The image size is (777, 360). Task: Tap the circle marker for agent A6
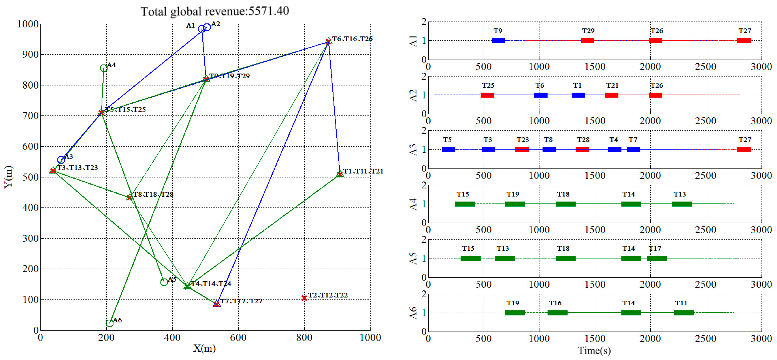[110, 323]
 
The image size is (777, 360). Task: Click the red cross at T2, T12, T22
[304, 298]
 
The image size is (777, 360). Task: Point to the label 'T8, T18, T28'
[153, 195]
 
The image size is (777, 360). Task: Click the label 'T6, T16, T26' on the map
[352, 39]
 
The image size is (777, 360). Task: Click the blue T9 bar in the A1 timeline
[499, 40]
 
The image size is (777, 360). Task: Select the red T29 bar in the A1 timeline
[587, 40]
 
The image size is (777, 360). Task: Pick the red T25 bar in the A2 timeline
[487, 95]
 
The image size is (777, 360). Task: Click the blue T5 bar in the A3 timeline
[448, 149]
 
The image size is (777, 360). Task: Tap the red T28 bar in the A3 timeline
[582, 149]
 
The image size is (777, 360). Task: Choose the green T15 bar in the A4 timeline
[465, 204]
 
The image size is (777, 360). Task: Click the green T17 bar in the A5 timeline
[657, 258]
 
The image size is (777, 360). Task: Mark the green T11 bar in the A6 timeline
[684, 313]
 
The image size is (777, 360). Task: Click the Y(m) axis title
[8, 177]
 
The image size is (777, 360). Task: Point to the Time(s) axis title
[594, 351]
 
